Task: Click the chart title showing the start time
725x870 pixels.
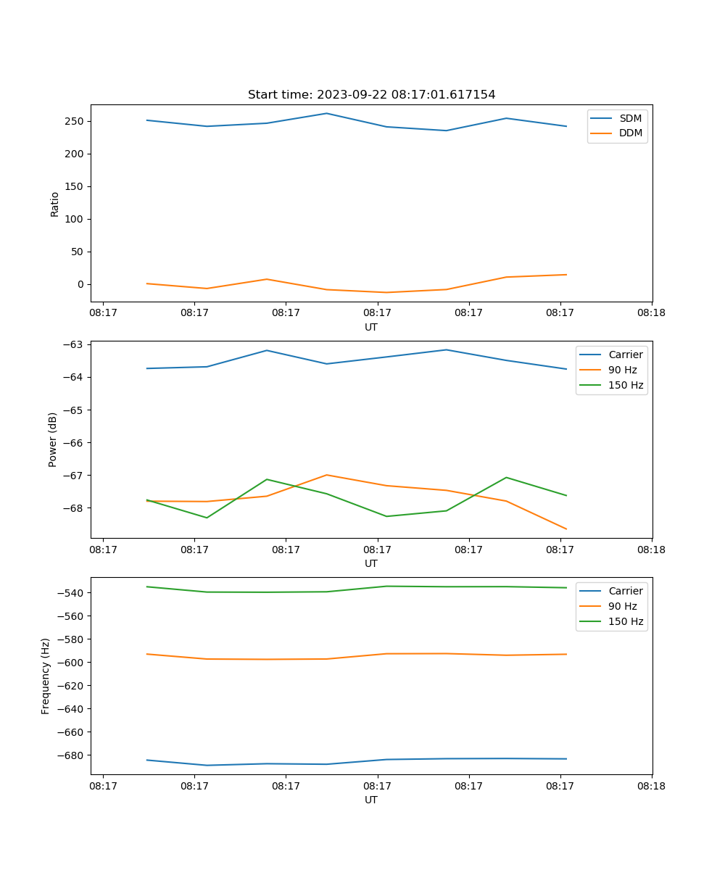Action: click(x=371, y=95)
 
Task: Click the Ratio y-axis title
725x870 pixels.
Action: click(x=54, y=204)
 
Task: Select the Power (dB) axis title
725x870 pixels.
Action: click(x=53, y=439)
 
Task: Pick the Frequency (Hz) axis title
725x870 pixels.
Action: click(x=46, y=676)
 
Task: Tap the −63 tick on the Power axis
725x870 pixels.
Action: click(x=75, y=344)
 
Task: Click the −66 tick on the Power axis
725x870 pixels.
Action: click(x=75, y=443)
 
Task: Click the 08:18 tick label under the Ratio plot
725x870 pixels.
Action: click(x=651, y=313)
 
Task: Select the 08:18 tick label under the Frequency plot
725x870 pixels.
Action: click(x=651, y=786)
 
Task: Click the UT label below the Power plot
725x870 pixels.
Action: click(x=371, y=563)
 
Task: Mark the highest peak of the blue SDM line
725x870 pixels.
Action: click(x=326, y=113)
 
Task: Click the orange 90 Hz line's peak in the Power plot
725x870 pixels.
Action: click(x=326, y=475)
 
